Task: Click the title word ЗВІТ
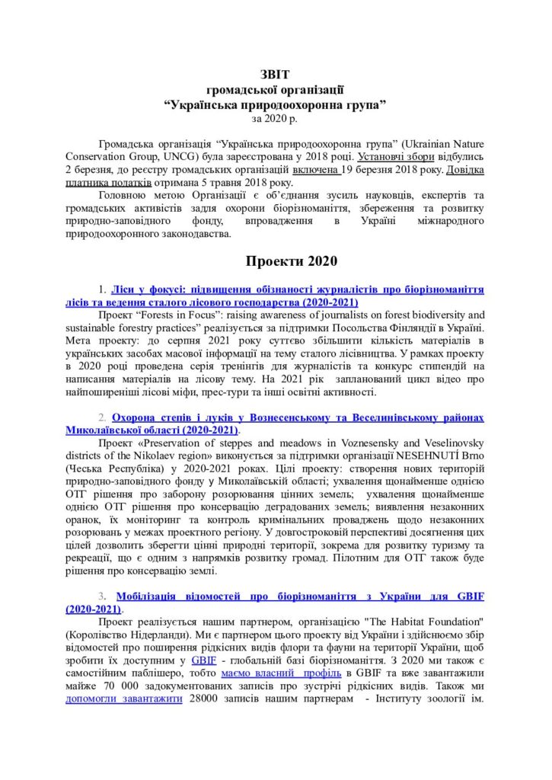276,75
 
